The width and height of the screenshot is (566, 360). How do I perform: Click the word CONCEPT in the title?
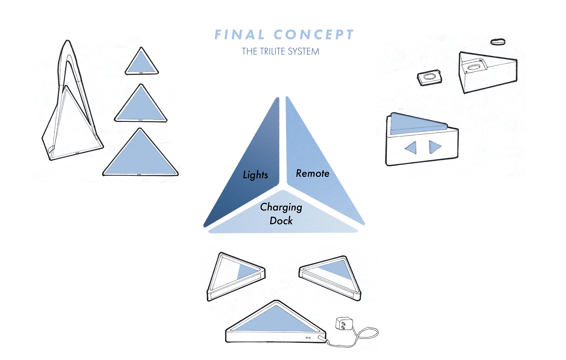click(314, 35)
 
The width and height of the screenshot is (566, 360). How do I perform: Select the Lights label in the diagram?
click(255, 175)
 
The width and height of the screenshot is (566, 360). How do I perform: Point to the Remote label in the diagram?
click(312, 174)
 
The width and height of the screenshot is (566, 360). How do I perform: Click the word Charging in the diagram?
click(281, 207)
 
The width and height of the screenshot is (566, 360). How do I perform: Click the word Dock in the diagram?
click(281, 221)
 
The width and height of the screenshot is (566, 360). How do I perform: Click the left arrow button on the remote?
click(411, 148)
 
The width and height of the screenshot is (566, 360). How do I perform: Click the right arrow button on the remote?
click(435, 147)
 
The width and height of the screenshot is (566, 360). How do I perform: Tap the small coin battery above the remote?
click(498, 42)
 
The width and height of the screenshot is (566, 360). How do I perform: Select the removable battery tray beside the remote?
click(430, 77)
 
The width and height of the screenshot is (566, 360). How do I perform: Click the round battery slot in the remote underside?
click(473, 67)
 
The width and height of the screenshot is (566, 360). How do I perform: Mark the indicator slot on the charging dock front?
click(308, 338)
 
